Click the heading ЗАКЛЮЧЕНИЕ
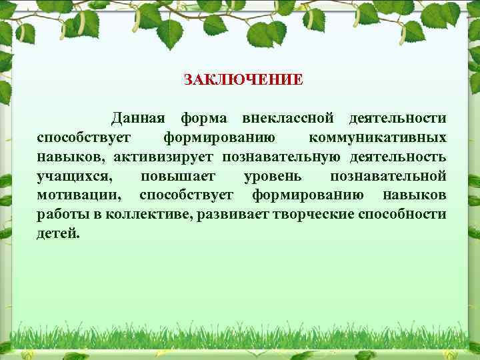[x=243, y=80]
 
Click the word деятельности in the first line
[x=397, y=119]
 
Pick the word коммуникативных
[x=378, y=138]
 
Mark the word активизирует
[x=154, y=157]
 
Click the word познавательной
[x=388, y=177]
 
